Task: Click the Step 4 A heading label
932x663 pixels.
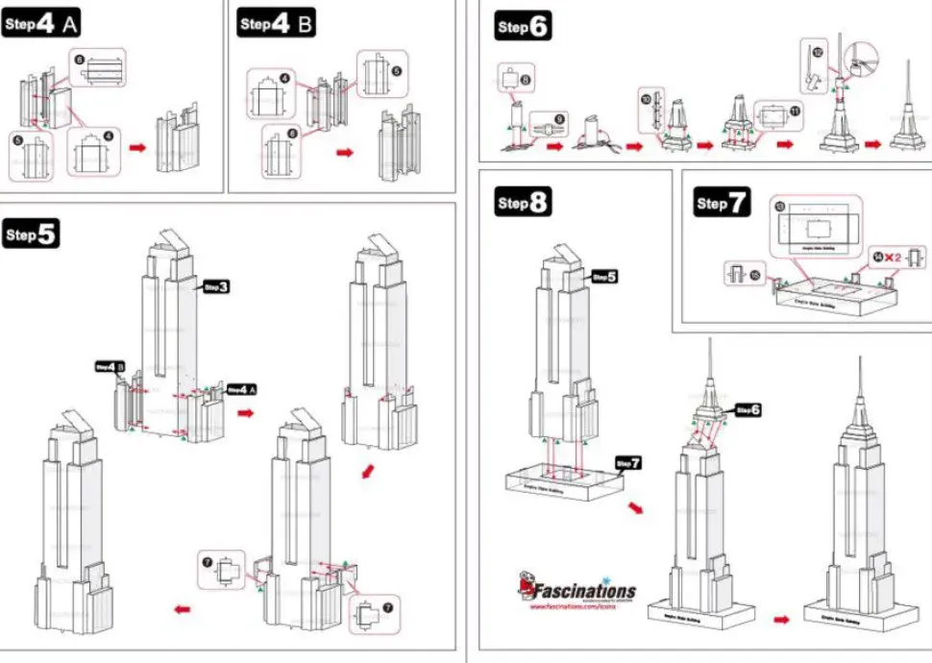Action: coord(40,25)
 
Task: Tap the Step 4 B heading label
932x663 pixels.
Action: coord(276,25)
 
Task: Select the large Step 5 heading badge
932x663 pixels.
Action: coord(32,234)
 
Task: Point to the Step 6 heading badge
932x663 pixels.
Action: coord(523,27)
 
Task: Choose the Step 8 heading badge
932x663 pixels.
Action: coord(523,203)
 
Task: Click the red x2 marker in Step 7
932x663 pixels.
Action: coord(893,257)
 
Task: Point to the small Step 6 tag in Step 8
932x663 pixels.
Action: coord(748,409)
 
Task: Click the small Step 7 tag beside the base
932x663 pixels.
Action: coord(628,463)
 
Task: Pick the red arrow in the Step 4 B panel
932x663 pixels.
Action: coord(343,152)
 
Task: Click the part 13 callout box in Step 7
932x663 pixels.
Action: coord(818,226)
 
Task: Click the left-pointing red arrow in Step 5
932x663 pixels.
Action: coord(181,608)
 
